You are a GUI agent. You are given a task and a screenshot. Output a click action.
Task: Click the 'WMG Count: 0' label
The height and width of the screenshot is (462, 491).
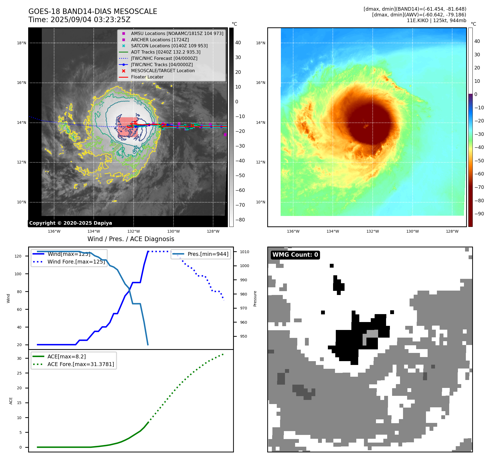[295, 255]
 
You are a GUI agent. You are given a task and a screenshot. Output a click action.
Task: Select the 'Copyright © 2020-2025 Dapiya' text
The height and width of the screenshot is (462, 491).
[70, 223]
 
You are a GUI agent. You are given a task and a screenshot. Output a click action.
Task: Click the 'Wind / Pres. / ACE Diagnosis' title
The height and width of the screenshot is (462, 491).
[131, 239]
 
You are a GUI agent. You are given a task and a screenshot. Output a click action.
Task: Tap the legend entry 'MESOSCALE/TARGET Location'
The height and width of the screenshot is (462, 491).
[163, 71]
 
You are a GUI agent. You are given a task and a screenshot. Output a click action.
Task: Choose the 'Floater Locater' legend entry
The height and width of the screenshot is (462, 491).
[147, 77]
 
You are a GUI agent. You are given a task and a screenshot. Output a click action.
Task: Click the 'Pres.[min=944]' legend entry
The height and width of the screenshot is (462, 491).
[208, 254]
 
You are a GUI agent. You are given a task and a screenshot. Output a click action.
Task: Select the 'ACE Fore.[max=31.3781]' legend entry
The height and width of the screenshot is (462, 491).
[81, 364]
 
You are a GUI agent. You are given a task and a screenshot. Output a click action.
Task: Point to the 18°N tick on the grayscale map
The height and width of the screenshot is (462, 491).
[22, 43]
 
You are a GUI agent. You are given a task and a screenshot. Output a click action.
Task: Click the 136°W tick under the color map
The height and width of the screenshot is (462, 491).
[293, 231]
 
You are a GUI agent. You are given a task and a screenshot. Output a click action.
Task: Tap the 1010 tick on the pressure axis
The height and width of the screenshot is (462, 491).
[245, 252]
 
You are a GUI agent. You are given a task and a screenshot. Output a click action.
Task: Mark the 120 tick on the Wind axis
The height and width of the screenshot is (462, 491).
[18, 256]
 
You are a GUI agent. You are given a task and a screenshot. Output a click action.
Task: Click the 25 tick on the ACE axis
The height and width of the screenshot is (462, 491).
[19, 373]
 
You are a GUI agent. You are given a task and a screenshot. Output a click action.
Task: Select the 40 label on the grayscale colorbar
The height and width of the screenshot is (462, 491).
[238, 43]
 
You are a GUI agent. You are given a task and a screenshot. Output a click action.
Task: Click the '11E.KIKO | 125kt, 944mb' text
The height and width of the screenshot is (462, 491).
[436, 21]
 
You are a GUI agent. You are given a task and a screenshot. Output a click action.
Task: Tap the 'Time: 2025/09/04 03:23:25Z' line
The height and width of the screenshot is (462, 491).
[79, 20]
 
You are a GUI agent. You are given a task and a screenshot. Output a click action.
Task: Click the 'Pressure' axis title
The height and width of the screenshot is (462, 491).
[255, 299]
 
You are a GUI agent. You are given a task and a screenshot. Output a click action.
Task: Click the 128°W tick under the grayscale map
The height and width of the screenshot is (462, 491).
[213, 231]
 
